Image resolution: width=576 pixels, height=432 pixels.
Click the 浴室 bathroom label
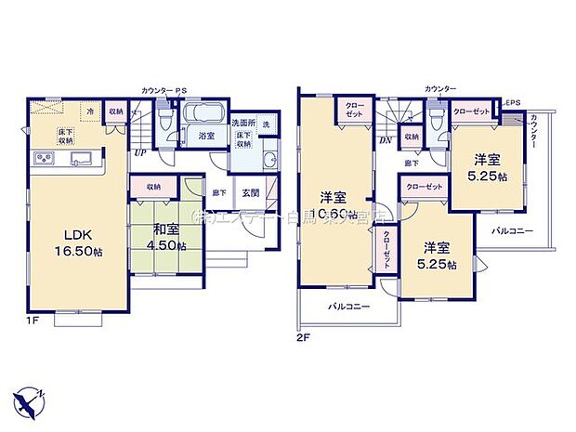(206, 137)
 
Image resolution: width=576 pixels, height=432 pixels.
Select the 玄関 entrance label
(251, 193)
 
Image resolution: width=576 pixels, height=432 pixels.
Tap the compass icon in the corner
(30, 397)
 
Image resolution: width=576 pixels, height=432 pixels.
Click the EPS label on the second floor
(511, 102)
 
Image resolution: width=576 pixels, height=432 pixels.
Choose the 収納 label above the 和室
(153, 187)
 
